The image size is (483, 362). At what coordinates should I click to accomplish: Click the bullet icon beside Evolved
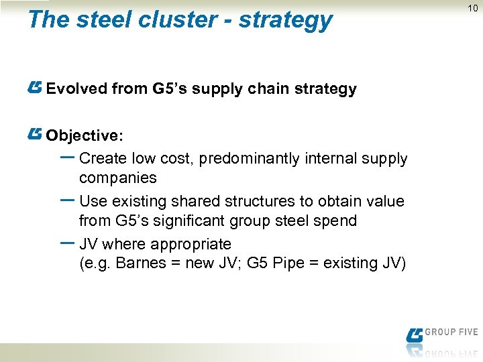click(x=36, y=87)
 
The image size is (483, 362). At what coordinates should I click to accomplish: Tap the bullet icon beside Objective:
click(x=36, y=134)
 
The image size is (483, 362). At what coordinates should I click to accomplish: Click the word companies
click(x=117, y=178)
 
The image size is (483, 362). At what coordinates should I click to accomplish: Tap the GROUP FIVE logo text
click(x=451, y=332)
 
